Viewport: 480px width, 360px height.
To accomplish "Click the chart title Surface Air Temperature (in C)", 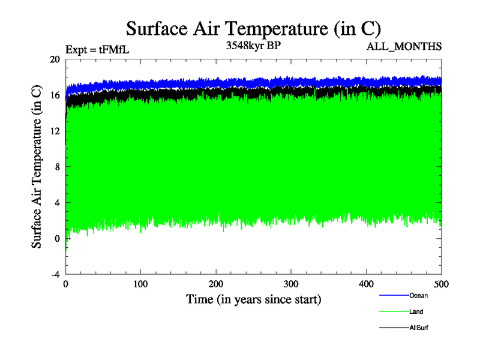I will [253, 29].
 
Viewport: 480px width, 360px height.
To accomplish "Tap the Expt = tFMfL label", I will [97, 50].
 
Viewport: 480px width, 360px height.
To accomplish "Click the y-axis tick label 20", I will [55, 59].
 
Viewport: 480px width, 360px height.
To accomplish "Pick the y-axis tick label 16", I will [55, 95].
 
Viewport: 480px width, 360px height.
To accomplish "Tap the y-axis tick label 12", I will [55, 131].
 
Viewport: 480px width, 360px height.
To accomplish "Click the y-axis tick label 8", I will [56, 167].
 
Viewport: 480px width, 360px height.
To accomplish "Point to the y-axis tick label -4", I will [55, 274].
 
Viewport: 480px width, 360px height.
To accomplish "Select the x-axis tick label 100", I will [140, 283].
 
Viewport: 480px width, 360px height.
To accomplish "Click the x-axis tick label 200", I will [216, 283].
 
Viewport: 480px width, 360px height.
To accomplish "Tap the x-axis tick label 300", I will [291, 283].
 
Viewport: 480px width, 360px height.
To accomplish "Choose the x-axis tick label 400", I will [366, 283].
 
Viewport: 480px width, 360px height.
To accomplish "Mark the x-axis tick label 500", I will [441, 283].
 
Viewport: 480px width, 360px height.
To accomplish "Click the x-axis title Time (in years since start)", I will [253, 299].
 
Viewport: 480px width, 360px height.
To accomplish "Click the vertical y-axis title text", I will [37, 167].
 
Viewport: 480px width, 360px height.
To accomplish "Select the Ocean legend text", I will [418, 295].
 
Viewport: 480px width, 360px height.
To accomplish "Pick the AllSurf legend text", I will [419, 328].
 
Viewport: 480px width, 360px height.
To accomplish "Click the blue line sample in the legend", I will [394, 295].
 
